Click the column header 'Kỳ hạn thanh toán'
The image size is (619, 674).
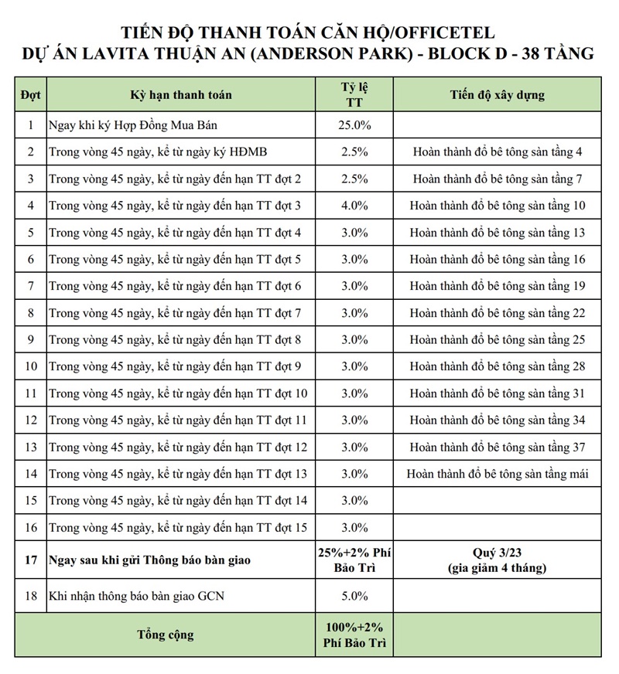(x=180, y=95)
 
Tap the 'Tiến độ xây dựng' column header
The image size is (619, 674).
(x=497, y=95)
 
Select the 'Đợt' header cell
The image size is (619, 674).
(x=30, y=95)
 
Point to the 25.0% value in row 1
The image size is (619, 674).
(x=356, y=125)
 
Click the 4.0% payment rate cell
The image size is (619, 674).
(x=356, y=206)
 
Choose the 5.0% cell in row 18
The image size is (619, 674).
(x=356, y=596)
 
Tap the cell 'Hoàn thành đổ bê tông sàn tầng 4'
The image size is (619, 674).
(x=497, y=152)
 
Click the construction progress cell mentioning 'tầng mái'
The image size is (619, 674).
(x=497, y=474)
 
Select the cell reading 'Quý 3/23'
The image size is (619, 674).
(x=497, y=552)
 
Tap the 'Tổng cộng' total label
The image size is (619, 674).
(x=166, y=635)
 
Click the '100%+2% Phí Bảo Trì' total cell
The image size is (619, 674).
(x=356, y=635)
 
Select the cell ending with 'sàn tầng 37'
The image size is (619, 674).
(x=497, y=448)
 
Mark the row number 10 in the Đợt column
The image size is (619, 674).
(x=30, y=366)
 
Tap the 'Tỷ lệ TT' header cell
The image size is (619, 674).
(x=356, y=95)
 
